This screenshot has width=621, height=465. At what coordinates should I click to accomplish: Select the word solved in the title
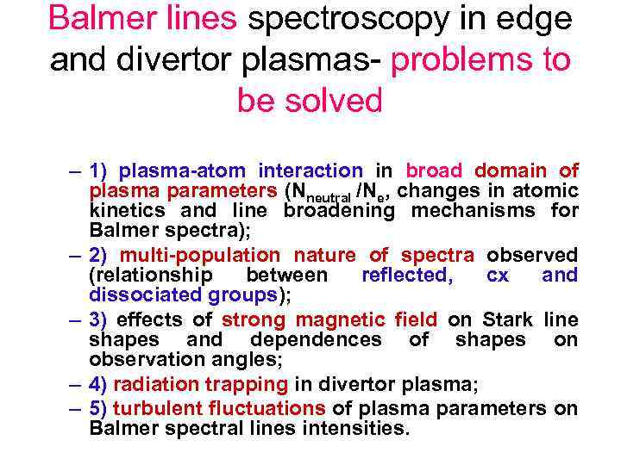pos(336,101)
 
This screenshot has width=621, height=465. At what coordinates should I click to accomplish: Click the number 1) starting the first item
pos(100,171)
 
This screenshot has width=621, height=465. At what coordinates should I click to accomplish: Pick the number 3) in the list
pos(100,320)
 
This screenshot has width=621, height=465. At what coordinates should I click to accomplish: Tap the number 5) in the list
pos(100,408)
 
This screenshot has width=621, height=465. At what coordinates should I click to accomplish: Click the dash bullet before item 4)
pos(77,385)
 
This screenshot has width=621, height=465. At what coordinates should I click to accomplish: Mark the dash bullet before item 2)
pos(77,256)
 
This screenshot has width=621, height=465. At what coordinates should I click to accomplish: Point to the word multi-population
pos(199,255)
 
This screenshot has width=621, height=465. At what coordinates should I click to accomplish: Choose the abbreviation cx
pos(498,276)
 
